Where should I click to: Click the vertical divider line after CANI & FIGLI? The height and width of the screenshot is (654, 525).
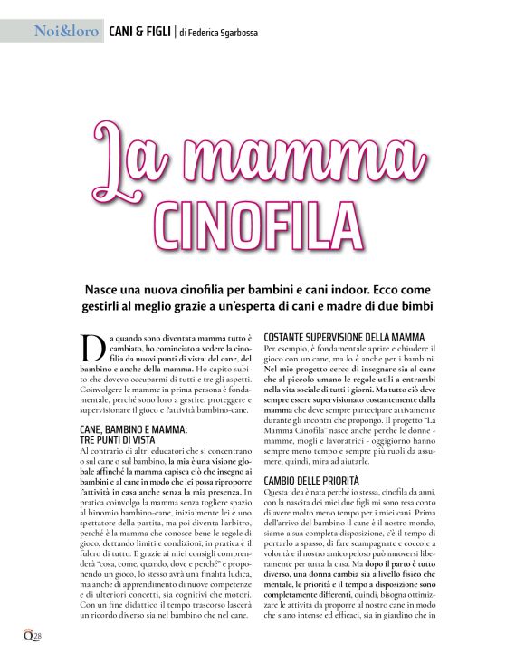coord(174,33)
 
